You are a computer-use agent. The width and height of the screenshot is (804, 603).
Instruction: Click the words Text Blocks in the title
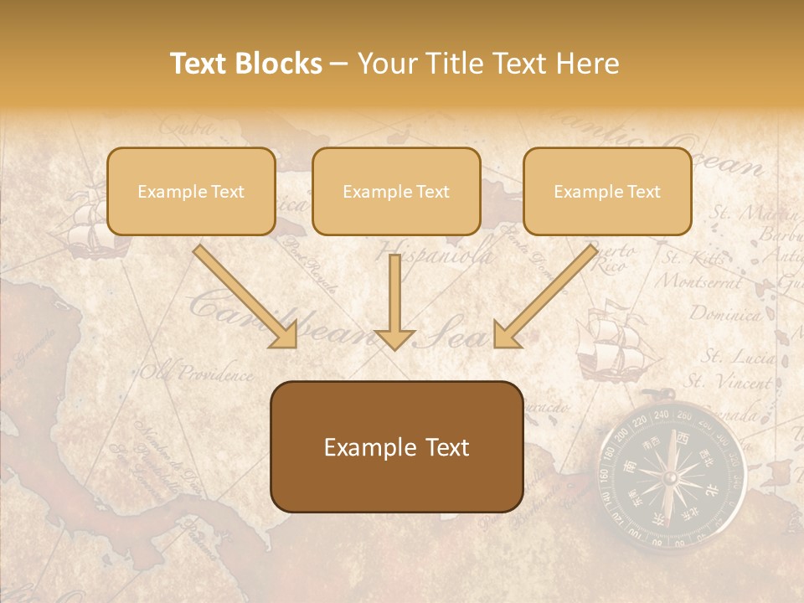point(245,64)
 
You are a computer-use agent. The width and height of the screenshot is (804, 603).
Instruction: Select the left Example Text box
point(191,191)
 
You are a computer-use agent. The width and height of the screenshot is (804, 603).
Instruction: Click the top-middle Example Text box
point(396,191)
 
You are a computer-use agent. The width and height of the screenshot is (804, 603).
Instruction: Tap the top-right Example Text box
point(607,191)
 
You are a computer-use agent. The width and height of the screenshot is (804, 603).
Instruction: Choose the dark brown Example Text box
point(397,446)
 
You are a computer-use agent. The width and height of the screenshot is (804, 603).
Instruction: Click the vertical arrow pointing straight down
point(395,301)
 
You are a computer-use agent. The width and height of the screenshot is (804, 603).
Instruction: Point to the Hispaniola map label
point(435,254)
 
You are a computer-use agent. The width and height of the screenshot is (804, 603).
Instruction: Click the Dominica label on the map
point(725,315)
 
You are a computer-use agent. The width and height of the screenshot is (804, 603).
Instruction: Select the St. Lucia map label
point(737,358)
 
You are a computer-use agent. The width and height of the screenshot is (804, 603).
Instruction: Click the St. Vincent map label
point(729,382)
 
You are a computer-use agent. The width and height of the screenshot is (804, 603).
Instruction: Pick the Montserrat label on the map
point(698,281)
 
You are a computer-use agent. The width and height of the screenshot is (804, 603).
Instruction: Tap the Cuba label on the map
point(186,127)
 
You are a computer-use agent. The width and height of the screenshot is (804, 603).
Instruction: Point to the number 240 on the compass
point(661,414)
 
